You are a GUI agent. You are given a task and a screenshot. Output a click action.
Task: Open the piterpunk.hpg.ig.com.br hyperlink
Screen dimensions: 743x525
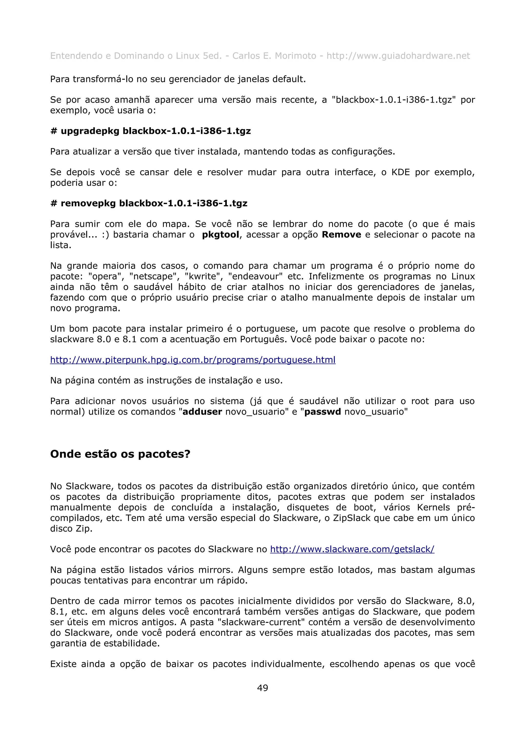click(193, 360)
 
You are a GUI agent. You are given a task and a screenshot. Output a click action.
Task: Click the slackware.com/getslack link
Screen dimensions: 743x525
click(352, 549)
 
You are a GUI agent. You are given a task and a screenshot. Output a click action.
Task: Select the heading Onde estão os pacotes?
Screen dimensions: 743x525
click(120, 454)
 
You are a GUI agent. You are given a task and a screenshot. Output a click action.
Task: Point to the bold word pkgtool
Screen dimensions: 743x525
click(221, 235)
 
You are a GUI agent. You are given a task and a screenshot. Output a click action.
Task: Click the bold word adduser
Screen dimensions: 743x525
click(202, 412)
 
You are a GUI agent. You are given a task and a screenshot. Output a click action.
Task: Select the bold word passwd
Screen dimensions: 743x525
click(322, 412)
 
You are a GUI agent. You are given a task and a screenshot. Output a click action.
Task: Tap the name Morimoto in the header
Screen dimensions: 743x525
click(295, 56)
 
